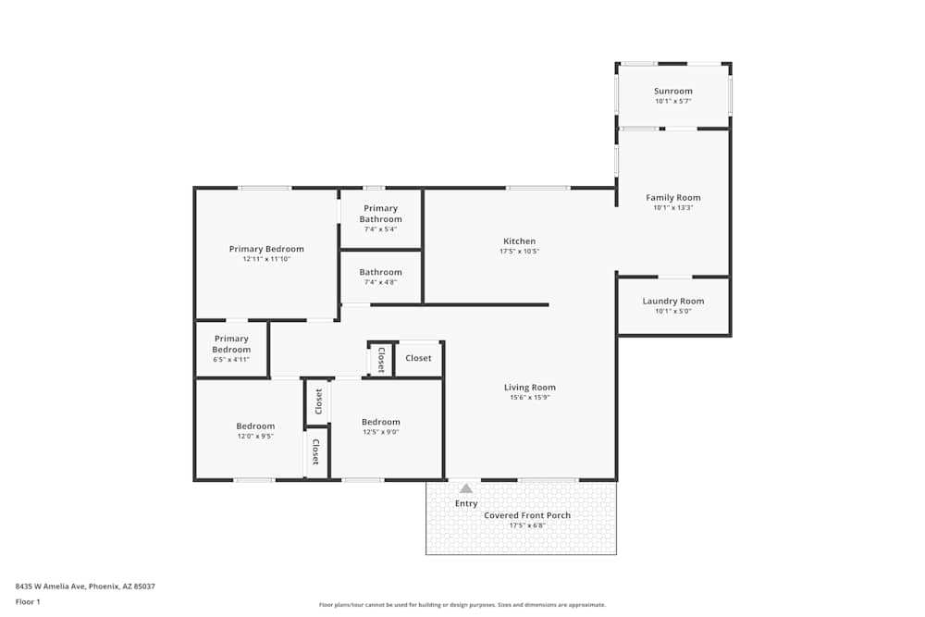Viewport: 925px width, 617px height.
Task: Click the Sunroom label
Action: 672,91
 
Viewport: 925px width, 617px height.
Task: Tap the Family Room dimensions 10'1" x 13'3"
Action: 672,207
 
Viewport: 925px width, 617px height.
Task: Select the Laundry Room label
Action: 672,301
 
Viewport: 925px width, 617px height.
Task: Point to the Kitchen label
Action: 519,241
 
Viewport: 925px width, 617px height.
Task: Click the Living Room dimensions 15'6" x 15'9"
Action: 529,397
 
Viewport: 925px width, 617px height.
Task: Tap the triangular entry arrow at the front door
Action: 466,488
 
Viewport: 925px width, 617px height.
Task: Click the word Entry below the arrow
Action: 466,503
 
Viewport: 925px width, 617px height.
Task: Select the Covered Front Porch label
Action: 527,514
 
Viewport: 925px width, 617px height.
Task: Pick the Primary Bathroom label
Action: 380,214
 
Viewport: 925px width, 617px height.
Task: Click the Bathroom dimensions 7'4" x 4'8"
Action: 380,282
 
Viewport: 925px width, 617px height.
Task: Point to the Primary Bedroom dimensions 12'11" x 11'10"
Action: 266,259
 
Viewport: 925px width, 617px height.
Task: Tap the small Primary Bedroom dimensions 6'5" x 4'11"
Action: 231,359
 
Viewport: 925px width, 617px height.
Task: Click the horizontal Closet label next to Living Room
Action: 418,358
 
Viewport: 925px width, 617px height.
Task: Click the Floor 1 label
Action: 28,601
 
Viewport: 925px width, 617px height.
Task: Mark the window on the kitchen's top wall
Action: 537,188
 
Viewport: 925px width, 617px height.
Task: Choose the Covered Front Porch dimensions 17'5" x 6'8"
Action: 527,524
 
